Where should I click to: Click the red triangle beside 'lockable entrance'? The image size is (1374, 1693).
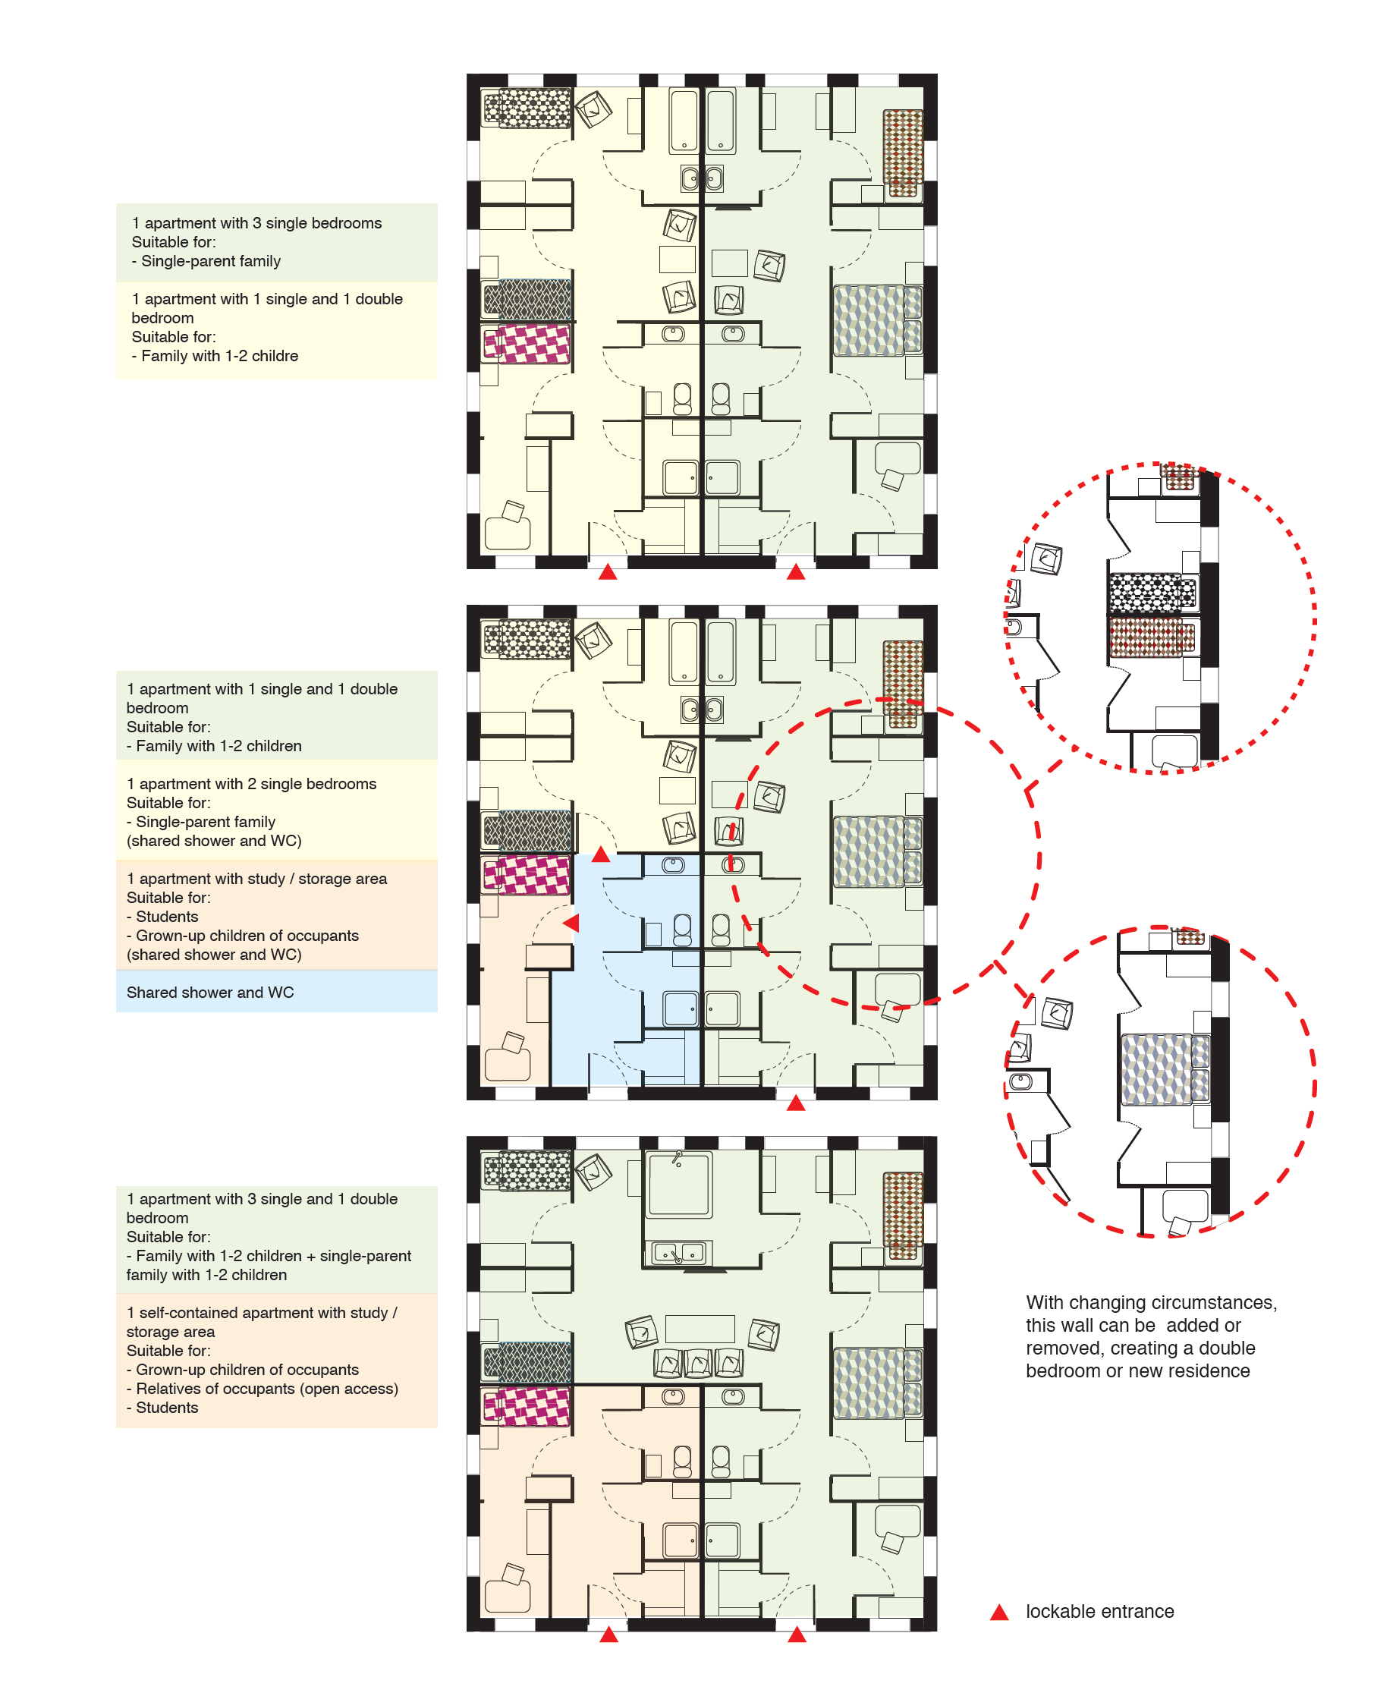1000,1612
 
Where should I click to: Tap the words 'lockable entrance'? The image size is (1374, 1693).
1099,1612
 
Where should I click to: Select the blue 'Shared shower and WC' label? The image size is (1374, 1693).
209,993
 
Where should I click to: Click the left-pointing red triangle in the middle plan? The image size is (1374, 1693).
571,923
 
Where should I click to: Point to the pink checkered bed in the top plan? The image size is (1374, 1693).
527,344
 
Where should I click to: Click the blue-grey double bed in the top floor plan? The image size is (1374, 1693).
878,320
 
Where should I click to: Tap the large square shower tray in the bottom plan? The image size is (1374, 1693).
679,1184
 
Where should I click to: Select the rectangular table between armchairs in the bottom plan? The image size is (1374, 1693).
700,1329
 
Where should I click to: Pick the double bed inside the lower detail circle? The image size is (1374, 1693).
1166,1070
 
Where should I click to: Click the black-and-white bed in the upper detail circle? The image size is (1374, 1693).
1152,593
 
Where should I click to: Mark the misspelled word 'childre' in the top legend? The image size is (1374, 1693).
271,356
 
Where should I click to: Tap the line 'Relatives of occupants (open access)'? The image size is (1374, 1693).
267,1388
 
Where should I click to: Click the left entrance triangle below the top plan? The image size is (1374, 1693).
608,571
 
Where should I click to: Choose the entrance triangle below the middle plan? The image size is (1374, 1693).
796,1103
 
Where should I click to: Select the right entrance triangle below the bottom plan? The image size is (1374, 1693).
797,1635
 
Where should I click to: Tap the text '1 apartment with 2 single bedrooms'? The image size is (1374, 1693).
252,784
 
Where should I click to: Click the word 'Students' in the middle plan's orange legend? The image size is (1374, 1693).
167,917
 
